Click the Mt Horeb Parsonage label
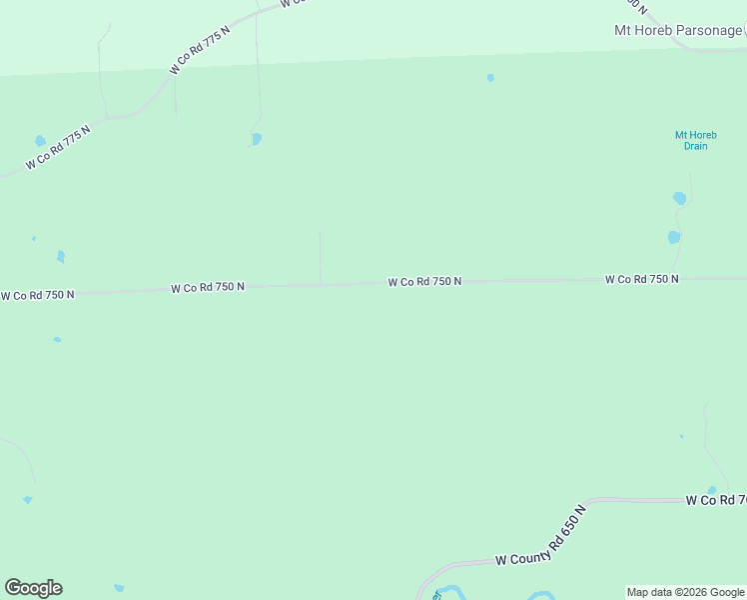pos(678,30)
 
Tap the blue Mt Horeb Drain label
pos(695,140)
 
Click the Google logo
pos(33,588)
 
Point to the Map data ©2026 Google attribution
pos(685,592)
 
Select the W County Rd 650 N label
pos(539,537)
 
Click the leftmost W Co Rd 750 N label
pos(37,295)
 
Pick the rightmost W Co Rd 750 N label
pos(641,279)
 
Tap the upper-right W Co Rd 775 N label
pos(200,49)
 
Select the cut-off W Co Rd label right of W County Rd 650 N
pos(715,499)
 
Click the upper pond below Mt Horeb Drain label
pos(680,198)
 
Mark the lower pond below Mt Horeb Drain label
pos(674,237)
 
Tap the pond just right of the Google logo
pos(119,588)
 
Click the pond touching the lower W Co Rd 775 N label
pos(40,141)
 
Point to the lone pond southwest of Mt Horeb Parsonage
pos(490,78)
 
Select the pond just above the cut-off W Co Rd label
pos(711,490)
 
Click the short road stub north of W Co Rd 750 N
pos(320,258)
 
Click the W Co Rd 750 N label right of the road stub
pos(424,282)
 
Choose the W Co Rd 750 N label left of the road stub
pos(208,287)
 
